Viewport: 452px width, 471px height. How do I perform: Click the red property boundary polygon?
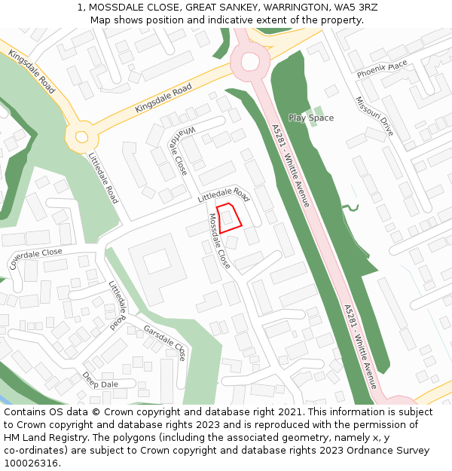coord(229,217)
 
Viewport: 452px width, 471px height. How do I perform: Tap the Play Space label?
coord(310,118)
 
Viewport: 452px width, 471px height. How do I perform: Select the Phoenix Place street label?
coord(382,69)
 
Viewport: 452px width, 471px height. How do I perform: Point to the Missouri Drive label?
coord(374,116)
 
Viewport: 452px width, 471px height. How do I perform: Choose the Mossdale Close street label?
coord(219,241)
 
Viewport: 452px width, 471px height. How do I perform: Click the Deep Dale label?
coord(100,380)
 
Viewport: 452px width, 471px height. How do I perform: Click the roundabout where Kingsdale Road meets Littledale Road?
coord(80,137)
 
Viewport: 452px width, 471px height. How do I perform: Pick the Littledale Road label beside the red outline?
coord(223,194)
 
